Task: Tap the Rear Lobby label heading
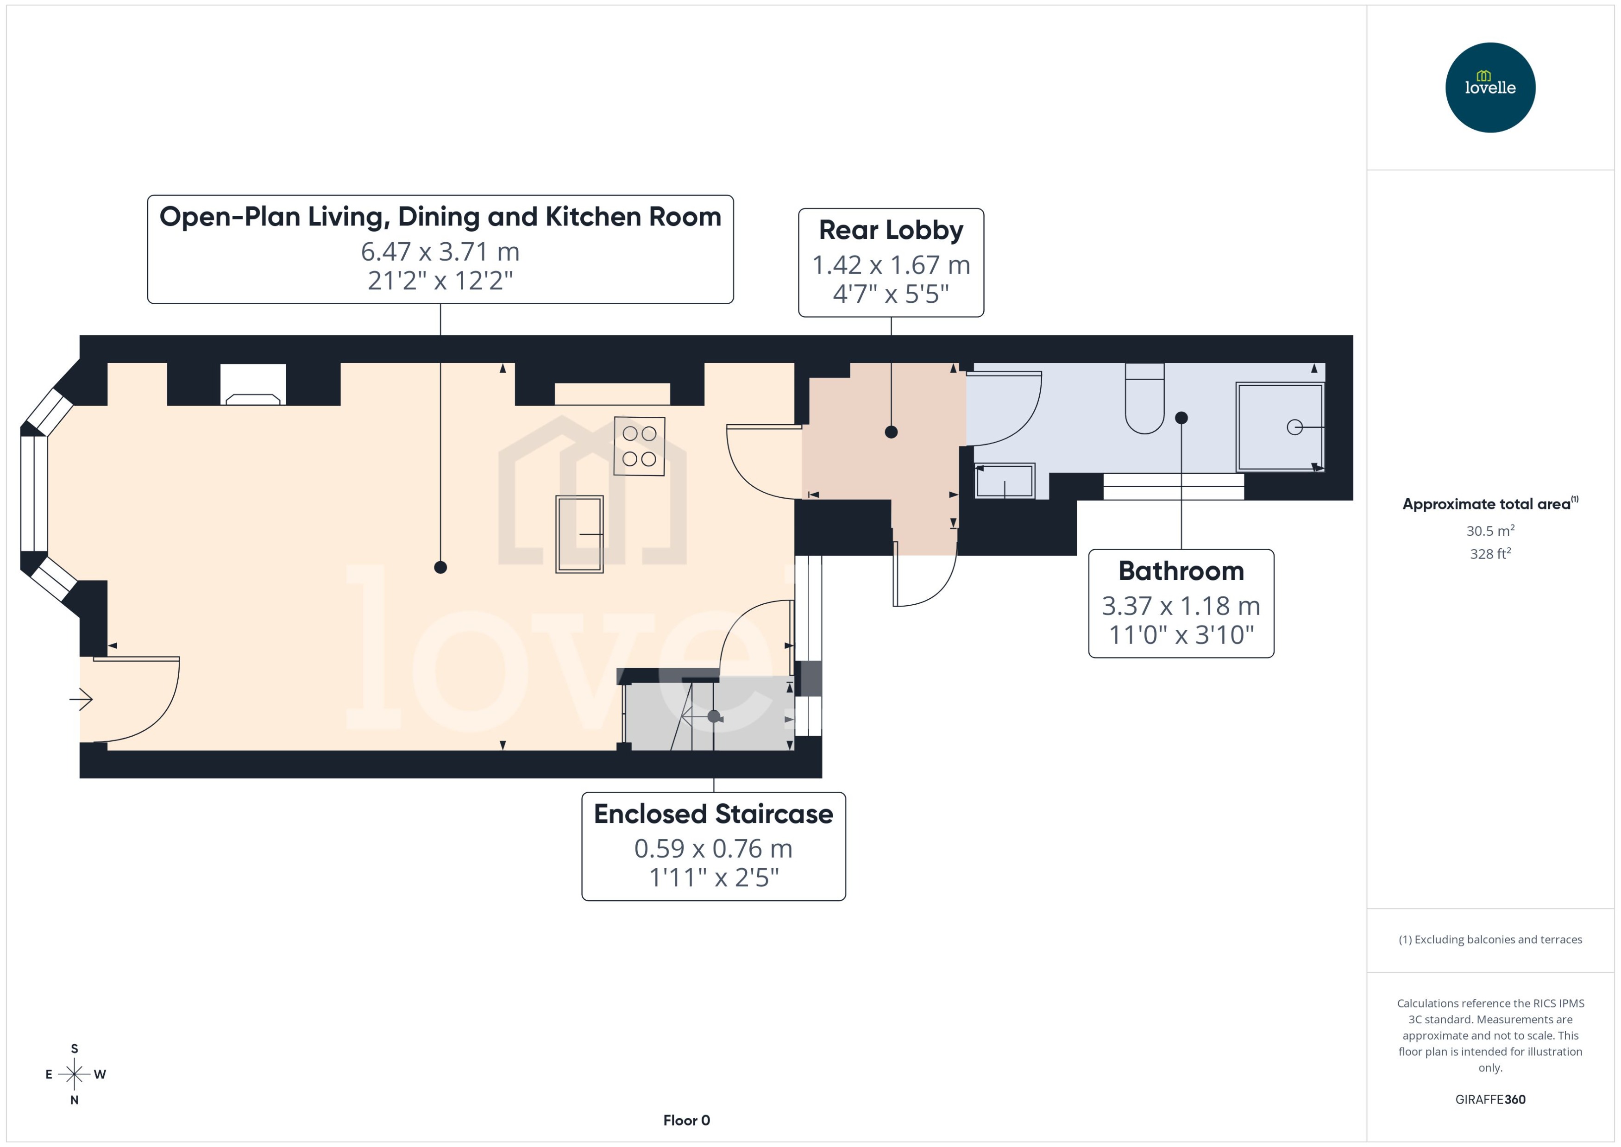pos(891,230)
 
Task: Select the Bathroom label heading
pos(1181,570)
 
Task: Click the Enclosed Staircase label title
pos(713,814)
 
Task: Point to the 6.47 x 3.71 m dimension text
pos(440,251)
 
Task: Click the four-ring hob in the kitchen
pos(639,445)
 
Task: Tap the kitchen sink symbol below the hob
pos(579,534)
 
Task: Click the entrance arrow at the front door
pos(81,699)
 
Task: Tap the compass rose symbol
pos(74,1074)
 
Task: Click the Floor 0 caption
pos(686,1120)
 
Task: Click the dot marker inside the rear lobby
pos(891,432)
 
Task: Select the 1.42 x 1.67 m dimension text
pos(891,265)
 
